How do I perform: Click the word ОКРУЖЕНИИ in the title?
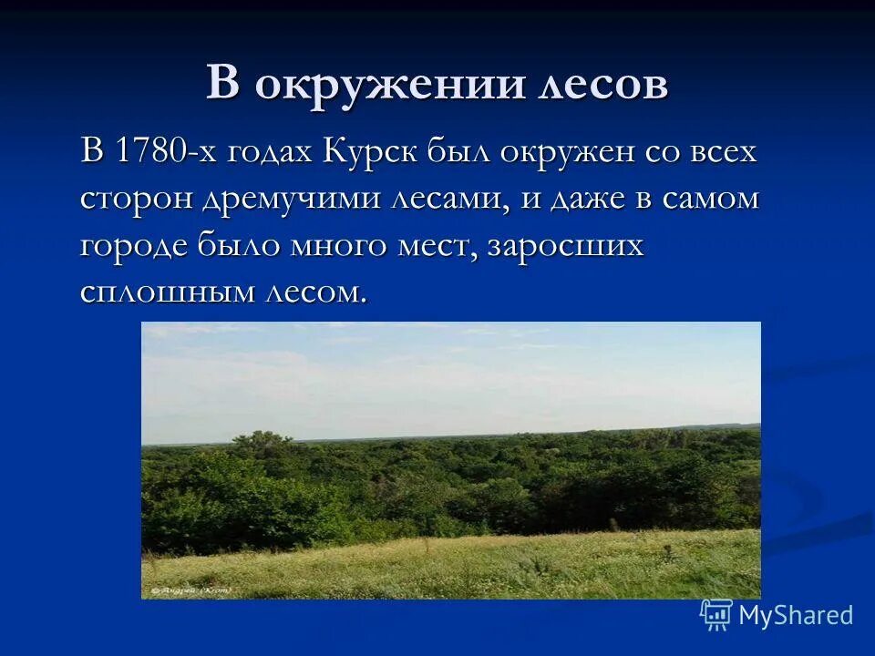pos(389,84)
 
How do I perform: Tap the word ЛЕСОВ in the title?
pos(602,84)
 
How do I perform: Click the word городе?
pos(134,247)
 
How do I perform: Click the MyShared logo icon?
pos(716,615)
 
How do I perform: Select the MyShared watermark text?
pos(796,615)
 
